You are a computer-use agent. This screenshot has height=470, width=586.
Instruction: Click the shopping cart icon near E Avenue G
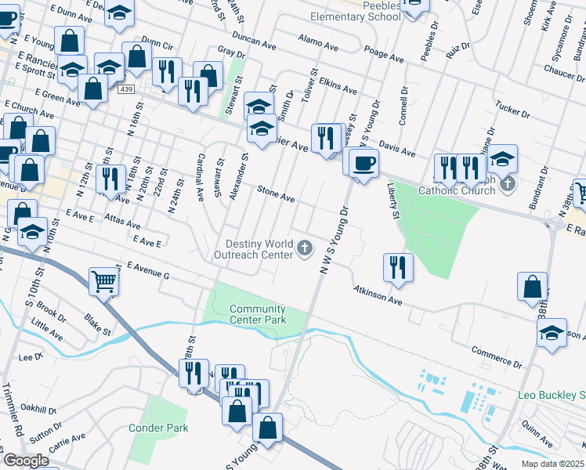103,280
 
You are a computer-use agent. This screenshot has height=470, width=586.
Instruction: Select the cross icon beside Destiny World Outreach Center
305,249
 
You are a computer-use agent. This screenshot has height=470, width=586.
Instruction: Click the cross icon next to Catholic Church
508,184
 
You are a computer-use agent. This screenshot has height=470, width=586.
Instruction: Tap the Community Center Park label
258,314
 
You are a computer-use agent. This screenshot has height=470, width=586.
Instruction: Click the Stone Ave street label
277,194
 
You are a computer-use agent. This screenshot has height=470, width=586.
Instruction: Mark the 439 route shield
126,90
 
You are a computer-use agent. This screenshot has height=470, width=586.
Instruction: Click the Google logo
27,461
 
